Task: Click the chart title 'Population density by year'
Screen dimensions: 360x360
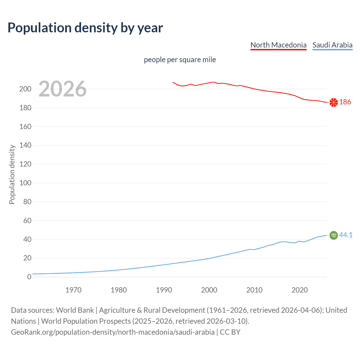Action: coord(85,28)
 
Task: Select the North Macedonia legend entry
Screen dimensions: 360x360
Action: coord(278,45)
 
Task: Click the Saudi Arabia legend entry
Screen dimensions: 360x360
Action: coord(332,45)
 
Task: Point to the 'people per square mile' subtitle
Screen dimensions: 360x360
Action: coord(180,60)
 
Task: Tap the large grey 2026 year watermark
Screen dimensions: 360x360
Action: coord(62,89)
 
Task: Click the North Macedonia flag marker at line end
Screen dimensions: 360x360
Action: coord(334,103)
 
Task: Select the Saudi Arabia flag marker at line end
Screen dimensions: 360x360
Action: coord(334,235)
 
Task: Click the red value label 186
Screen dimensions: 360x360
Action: coord(345,102)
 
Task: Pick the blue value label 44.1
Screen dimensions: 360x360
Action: coord(346,235)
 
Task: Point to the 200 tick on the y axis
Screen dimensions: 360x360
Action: coord(25,89)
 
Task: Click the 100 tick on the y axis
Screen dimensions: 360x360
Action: coord(25,183)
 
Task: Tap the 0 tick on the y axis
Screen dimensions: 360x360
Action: coord(29,277)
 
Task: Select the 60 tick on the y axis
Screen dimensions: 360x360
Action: coord(27,220)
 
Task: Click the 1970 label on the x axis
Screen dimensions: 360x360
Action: coord(73,290)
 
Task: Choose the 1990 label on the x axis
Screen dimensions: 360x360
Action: coord(164,290)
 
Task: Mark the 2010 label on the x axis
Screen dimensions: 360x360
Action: coord(254,290)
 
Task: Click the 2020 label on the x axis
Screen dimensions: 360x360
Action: coord(300,290)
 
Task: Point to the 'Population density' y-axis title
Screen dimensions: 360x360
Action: coord(12,174)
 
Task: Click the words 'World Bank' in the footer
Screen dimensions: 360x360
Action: coord(75,310)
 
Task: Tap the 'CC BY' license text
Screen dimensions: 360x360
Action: coord(230,332)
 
